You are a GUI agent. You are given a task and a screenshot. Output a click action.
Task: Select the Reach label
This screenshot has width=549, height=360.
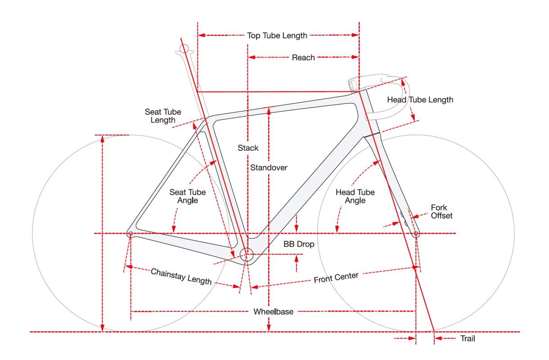pos(303,58)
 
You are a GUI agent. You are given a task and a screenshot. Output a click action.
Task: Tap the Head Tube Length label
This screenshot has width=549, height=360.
pos(420,100)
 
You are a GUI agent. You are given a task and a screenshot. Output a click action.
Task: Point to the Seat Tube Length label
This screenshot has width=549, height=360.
pos(160,116)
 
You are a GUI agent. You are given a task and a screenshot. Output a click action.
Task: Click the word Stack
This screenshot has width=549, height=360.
pos(248,148)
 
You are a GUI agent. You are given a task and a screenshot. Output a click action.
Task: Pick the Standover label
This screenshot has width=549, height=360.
pos(269,168)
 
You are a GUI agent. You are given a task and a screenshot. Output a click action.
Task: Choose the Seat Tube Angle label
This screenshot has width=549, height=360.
pos(188,196)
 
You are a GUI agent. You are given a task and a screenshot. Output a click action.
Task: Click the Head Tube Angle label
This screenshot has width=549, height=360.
pos(355,196)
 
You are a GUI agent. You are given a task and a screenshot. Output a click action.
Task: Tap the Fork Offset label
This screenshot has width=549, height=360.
pos(441,211)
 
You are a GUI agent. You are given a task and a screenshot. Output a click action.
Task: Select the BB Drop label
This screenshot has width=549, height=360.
pos(299,245)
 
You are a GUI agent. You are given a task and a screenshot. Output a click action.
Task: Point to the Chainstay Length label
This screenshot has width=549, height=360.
pos(181,276)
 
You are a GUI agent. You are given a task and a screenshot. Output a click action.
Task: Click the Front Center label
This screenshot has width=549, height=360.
pos(336,278)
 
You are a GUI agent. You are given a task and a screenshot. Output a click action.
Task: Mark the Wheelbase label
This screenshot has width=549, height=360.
pos(273,311)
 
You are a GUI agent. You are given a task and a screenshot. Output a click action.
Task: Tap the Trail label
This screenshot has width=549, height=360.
pos(467,339)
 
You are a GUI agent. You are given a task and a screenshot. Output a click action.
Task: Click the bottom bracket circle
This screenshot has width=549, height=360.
pos(247,255)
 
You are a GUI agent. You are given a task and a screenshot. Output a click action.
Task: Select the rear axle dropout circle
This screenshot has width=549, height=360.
pos(130,234)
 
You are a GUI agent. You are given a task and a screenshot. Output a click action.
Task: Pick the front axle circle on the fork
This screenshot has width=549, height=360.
pos(416,234)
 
